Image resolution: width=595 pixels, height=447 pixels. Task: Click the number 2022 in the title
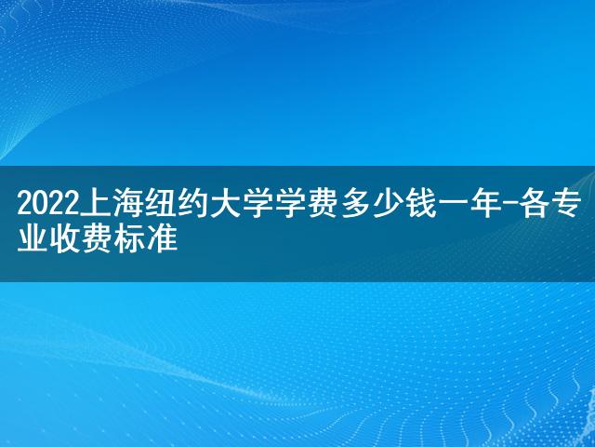[x=48, y=205]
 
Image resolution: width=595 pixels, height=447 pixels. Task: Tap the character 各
[x=536, y=205]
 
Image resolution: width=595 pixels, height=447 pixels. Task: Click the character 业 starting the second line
[x=33, y=239]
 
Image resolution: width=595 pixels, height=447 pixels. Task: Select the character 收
[x=65, y=239]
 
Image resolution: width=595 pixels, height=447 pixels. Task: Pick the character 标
[x=130, y=239]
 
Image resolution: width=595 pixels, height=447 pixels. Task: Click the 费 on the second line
[x=97, y=239]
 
